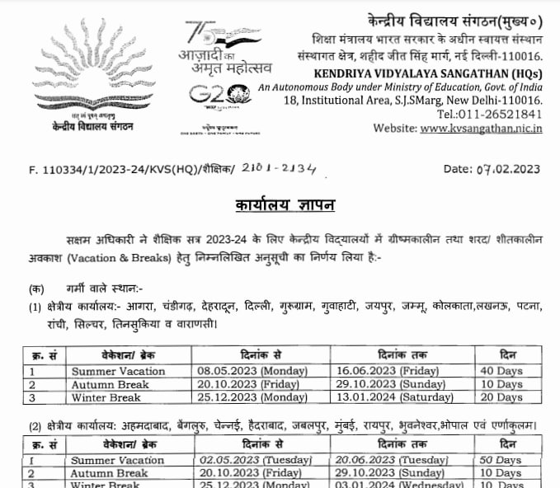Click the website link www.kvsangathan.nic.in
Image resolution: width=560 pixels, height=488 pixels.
482,128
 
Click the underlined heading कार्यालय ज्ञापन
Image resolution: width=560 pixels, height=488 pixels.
280,204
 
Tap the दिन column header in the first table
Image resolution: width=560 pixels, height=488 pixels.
507,355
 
